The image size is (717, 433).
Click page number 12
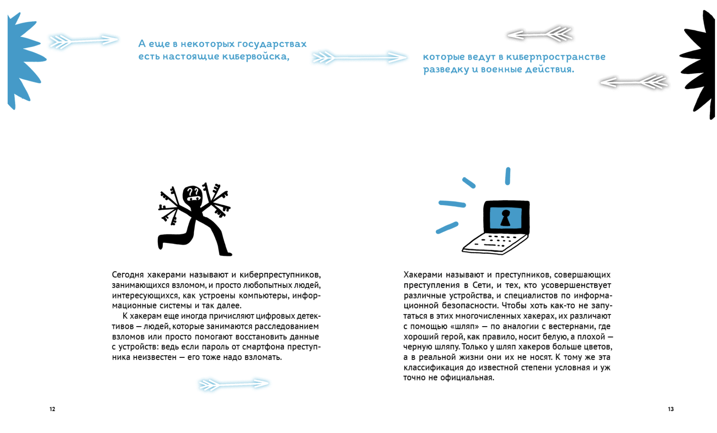click(x=52, y=409)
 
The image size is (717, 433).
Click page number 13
click(x=671, y=409)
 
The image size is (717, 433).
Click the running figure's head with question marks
click(x=192, y=195)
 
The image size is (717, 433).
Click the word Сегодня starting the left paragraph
click(x=128, y=275)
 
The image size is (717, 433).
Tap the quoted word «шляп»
click(x=464, y=327)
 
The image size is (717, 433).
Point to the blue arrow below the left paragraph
click(x=234, y=384)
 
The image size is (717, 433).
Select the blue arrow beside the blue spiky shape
click(x=83, y=40)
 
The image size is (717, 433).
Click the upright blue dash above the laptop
click(x=508, y=176)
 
